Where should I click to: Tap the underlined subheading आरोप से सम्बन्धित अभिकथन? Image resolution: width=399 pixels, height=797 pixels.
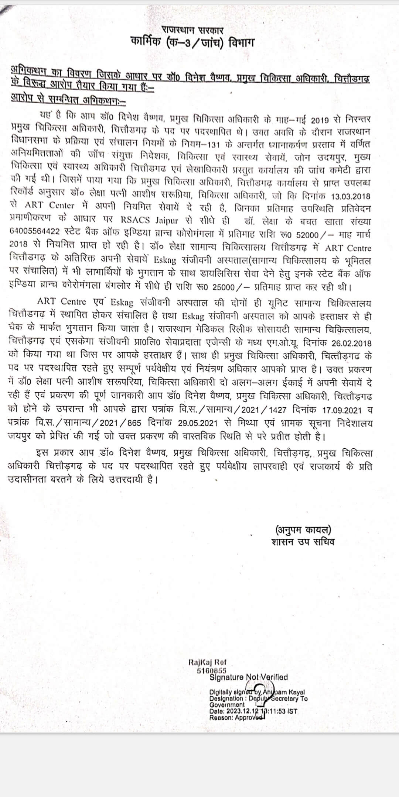coord(68,99)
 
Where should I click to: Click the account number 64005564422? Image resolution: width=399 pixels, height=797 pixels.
coord(35,235)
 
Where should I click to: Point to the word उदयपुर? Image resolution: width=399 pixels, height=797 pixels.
coord(330,158)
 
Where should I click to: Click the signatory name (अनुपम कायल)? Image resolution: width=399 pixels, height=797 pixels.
coord(303,530)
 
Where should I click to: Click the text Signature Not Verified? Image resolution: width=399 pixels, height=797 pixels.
coord(248,677)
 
